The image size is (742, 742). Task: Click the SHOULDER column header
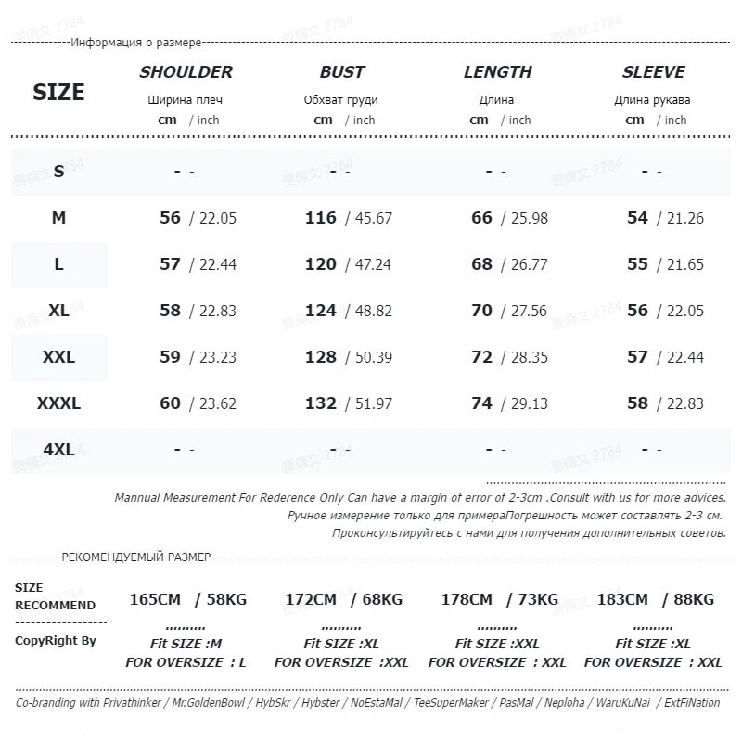click(x=185, y=72)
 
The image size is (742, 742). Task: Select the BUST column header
click(x=341, y=72)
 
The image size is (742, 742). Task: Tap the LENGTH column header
click(x=497, y=72)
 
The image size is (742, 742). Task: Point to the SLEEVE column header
click(x=653, y=72)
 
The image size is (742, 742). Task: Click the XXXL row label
click(x=58, y=403)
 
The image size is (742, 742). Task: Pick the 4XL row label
click(x=58, y=450)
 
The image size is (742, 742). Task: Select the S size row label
click(x=58, y=171)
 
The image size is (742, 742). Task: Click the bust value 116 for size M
click(x=321, y=218)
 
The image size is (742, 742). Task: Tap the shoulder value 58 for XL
click(x=170, y=311)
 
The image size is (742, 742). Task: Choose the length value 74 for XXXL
click(x=481, y=403)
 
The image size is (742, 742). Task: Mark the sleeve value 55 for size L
click(x=637, y=264)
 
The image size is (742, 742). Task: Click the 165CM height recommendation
click(x=155, y=599)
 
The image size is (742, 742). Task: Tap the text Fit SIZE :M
click(x=185, y=644)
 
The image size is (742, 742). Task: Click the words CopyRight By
click(x=55, y=641)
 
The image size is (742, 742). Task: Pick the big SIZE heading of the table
click(x=58, y=92)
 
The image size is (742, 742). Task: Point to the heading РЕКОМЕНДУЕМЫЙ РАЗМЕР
click(x=135, y=556)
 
